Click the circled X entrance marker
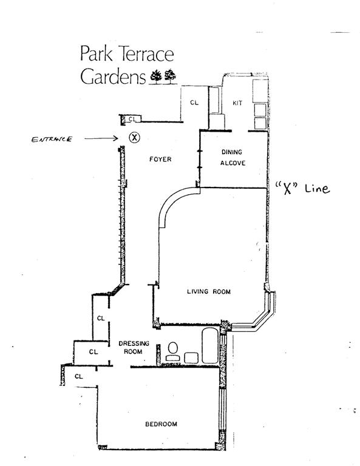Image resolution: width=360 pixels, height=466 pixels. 135,137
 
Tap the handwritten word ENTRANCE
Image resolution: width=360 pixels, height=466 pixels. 52,140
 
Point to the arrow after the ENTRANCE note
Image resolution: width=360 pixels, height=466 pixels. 101,138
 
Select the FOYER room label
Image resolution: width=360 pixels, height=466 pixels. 160,160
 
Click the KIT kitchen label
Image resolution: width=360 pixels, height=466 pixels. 237,103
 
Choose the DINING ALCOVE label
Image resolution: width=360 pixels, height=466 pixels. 233,158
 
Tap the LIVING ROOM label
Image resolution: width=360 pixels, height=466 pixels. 209,291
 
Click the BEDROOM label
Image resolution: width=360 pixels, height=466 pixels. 161,424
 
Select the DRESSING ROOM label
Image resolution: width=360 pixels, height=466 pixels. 134,348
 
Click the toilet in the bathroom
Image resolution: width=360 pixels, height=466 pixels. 173,351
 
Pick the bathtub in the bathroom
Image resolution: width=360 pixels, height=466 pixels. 210,346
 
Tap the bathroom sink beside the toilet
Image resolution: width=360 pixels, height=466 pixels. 191,358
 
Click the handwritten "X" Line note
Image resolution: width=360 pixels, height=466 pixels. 302,189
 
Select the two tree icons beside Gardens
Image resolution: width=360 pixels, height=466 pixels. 163,76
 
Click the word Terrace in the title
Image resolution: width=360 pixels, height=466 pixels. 146,54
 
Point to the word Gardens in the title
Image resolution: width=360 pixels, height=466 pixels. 113,76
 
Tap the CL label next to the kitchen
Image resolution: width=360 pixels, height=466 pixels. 194,103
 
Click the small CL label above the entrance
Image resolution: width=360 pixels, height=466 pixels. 132,119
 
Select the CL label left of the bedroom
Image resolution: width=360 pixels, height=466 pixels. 79,377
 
